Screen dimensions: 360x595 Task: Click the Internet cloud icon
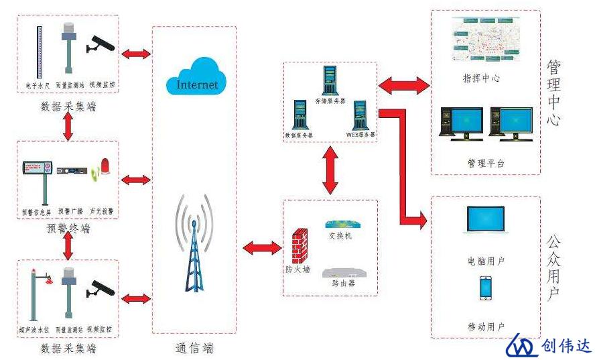[197, 76]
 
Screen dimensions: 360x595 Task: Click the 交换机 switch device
[340, 225]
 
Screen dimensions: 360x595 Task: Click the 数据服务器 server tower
[300, 115]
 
